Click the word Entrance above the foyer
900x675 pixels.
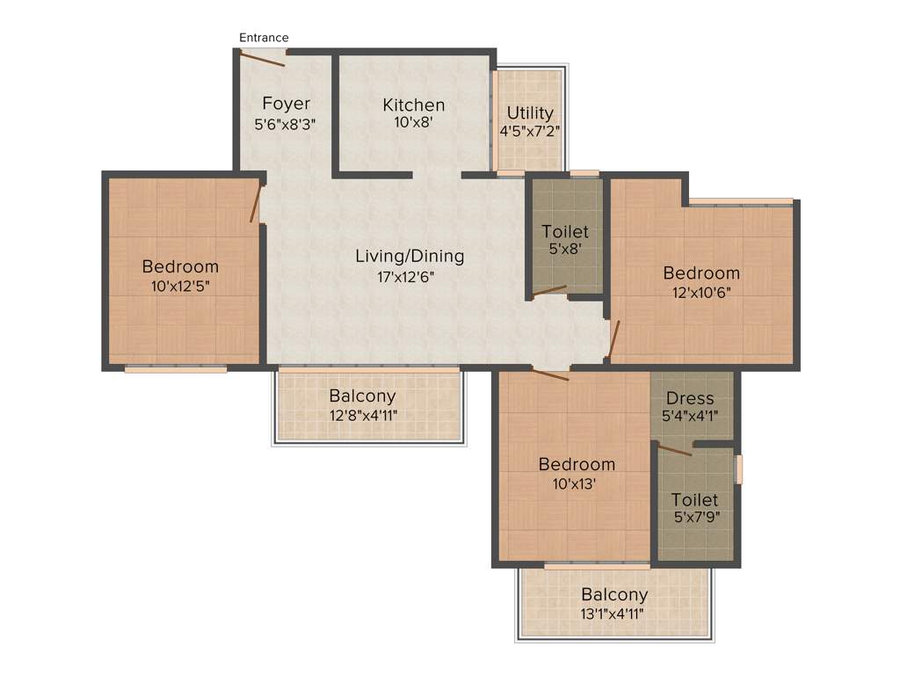[x=264, y=38]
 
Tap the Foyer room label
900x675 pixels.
[x=286, y=105]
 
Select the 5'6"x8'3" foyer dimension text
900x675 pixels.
[x=285, y=124]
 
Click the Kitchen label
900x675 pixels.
[x=413, y=105]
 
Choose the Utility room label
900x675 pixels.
[x=530, y=112]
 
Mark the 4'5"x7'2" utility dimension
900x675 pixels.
[x=530, y=131]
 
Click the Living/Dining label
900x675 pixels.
[x=409, y=257]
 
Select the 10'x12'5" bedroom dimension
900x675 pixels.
[x=180, y=286]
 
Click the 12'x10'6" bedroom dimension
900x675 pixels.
[x=701, y=292]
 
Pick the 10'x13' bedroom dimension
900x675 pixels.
[x=576, y=483]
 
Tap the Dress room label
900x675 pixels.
[x=690, y=399]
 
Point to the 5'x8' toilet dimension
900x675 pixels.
[x=564, y=250]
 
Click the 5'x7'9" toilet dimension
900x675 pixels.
[x=694, y=518]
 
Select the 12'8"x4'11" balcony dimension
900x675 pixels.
[x=362, y=415]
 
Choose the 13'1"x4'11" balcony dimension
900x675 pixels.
[x=613, y=613]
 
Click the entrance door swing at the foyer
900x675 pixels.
[x=261, y=60]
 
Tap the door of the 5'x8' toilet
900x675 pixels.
[x=550, y=290]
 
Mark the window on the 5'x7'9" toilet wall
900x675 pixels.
[x=739, y=468]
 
